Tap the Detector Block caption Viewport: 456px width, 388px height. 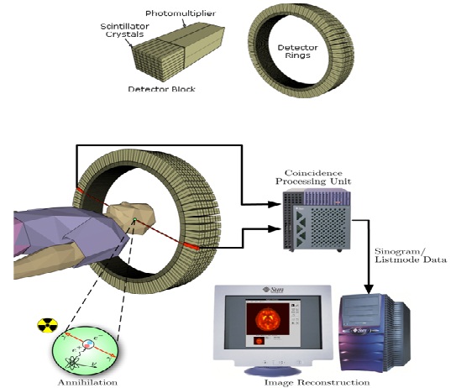click(x=162, y=88)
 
